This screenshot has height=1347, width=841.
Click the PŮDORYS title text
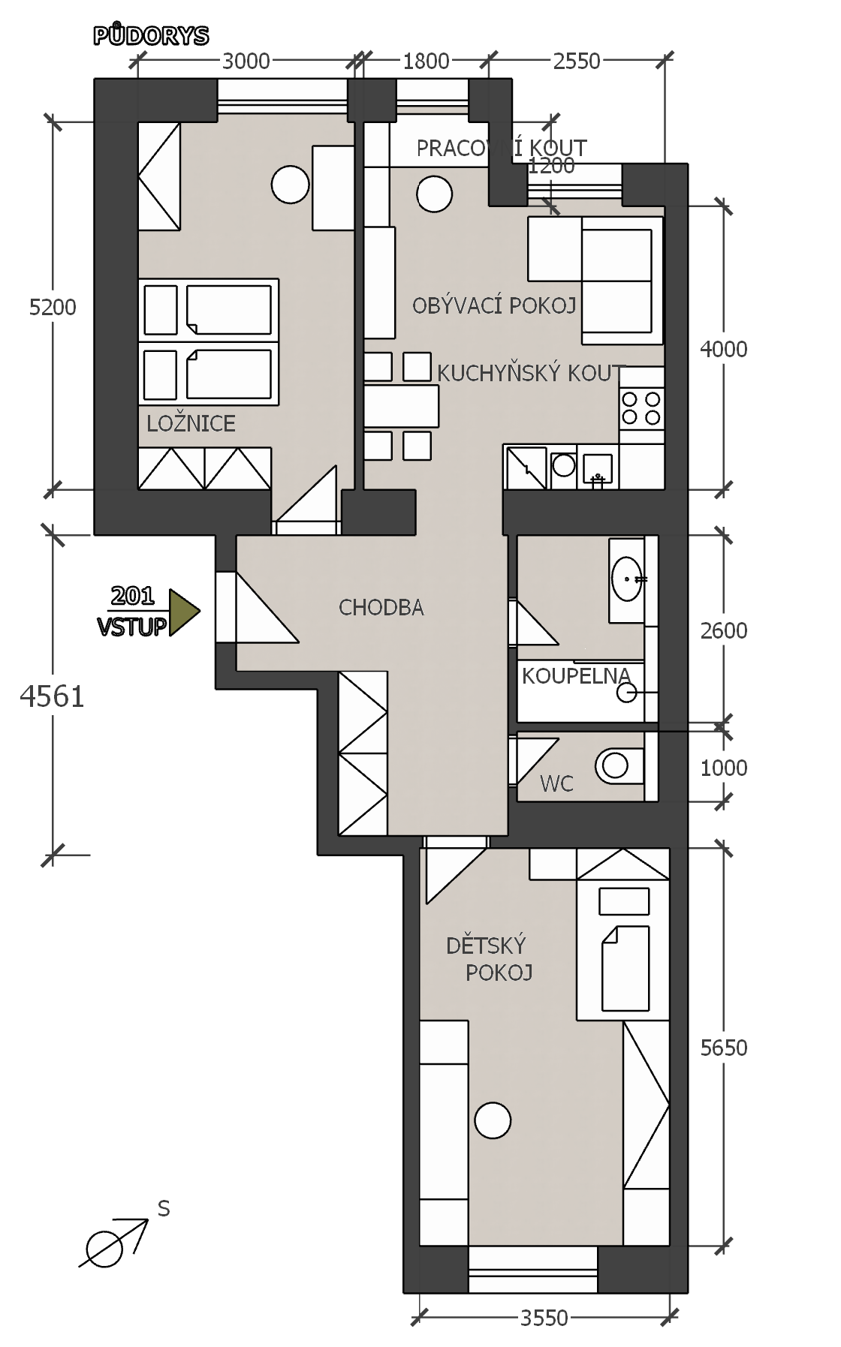point(151,35)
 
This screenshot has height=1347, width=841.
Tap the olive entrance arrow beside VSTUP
point(184,612)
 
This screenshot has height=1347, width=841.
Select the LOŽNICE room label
point(191,423)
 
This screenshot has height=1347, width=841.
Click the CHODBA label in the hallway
point(381,607)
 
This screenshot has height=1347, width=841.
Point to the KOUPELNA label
point(576,675)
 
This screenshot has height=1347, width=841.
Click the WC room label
point(556,784)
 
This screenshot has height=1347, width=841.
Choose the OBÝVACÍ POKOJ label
point(494,305)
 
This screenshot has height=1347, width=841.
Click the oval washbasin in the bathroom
point(627,579)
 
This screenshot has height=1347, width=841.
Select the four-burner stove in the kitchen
point(642,408)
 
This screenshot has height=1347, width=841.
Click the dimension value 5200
point(53,307)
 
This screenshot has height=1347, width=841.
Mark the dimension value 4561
point(53,696)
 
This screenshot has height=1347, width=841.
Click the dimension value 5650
point(724,1048)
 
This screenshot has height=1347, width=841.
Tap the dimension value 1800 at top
point(426,61)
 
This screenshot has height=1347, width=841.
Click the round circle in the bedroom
point(290,184)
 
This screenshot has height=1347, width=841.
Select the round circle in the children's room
point(493,1120)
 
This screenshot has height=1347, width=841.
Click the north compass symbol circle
point(104,1249)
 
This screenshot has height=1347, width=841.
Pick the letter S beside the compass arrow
point(164,1209)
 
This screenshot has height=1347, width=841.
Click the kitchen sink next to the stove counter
point(598,469)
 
